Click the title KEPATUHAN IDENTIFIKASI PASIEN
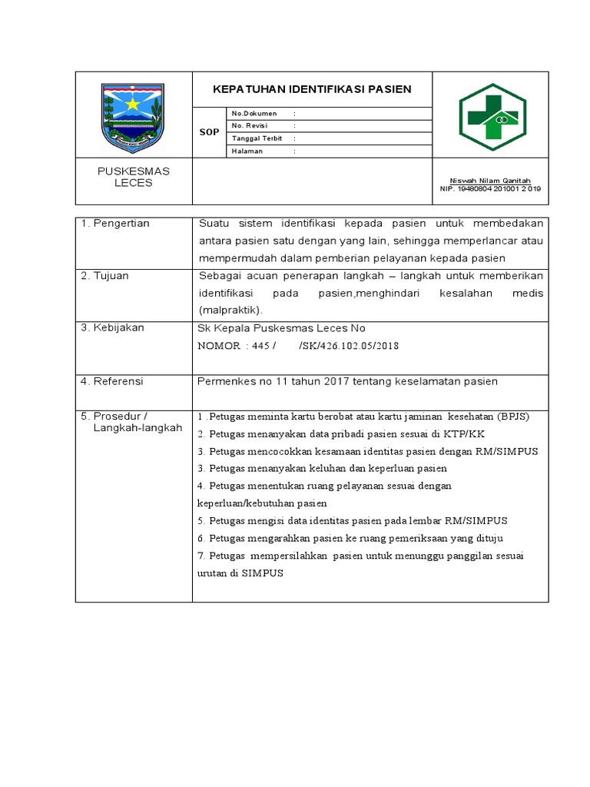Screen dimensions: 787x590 click(312, 89)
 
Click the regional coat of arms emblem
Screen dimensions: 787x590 click(133, 118)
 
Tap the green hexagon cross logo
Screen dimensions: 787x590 click(492, 117)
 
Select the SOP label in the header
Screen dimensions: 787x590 click(209, 132)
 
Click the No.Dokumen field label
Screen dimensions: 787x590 click(254, 114)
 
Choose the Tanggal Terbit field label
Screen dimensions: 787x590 click(257, 138)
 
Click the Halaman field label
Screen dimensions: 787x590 click(247, 151)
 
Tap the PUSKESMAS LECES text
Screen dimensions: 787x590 click(133, 177)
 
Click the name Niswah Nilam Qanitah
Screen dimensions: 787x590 click(490, 181)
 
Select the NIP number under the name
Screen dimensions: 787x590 click(490, 188)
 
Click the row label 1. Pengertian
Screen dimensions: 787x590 click(115, 224)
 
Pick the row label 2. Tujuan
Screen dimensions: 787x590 click(106, 276)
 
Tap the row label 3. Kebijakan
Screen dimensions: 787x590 click(112, 328)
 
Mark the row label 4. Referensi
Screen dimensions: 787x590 click(112, 381)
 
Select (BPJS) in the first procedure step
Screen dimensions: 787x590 click(512, 417)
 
